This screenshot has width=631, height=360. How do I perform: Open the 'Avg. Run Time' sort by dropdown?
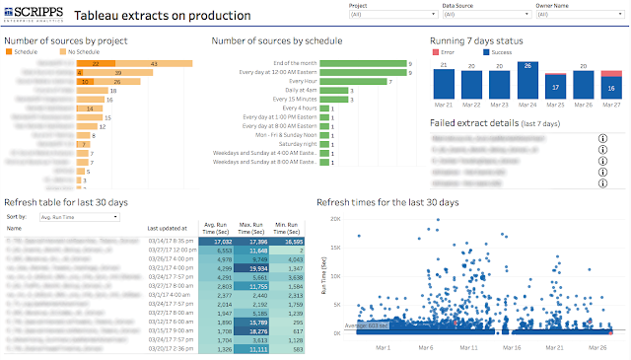79,215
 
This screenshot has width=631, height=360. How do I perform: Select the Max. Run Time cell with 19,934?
252,267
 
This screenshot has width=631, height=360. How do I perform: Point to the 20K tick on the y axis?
334,220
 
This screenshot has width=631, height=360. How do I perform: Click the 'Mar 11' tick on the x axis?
470,347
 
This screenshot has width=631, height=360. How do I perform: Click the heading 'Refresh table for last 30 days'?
66,201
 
